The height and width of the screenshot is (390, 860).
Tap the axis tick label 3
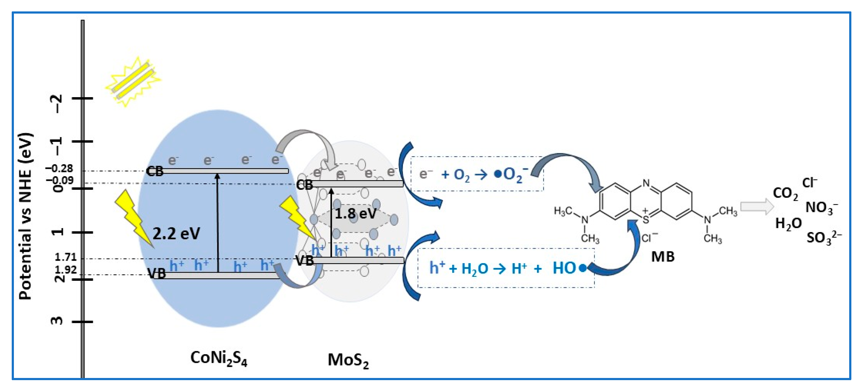point(57,321)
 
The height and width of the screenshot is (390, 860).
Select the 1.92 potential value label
point(66,270)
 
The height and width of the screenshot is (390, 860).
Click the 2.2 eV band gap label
point(176,234)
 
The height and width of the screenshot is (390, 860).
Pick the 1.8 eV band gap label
point(355,214)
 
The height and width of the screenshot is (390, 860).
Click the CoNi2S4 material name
point(219,359)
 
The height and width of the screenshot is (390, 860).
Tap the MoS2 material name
point(348,361)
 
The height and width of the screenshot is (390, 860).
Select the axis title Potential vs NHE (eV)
point(26,216)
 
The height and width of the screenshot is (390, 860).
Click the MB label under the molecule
point(663,256)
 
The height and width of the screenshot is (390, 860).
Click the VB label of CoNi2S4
point(157,274)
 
